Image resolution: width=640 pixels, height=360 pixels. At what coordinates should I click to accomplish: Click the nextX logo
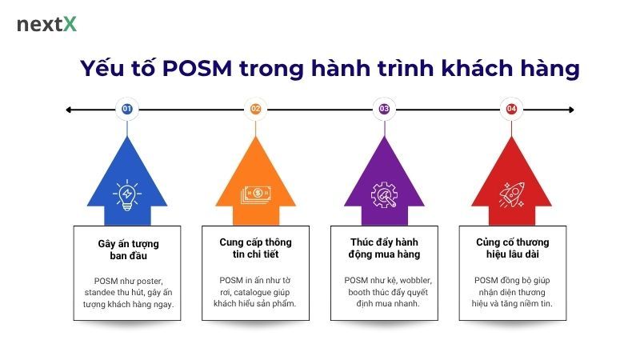click(46, 24)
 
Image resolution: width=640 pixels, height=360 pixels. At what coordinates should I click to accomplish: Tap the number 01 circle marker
click(127, 109)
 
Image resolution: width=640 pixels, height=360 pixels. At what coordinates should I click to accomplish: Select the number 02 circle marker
click(256, 109)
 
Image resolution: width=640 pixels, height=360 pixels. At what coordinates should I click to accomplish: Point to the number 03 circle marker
click(384, 109)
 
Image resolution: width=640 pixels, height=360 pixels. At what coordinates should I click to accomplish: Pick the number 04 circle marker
click(512, 109)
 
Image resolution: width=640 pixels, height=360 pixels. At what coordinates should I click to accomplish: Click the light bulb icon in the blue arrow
click(127, 194)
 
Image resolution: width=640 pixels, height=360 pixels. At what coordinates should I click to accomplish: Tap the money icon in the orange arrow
click(256, 194)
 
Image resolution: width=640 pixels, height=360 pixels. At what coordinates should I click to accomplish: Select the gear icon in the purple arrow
click(384, 194)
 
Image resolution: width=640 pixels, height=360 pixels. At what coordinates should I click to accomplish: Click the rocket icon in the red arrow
click(512, 194)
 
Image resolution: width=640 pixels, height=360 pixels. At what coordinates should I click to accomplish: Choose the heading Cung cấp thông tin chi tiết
click(256, 249)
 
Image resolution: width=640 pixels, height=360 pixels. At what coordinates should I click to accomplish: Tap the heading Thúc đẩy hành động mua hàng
click(384, 249)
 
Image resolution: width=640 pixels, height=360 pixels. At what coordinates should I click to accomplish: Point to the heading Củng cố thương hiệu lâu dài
click(512, 249)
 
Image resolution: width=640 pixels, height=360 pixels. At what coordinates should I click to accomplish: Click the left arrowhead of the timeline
click(70, 109)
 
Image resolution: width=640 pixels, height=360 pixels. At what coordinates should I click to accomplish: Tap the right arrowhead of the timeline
click(570, 109)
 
